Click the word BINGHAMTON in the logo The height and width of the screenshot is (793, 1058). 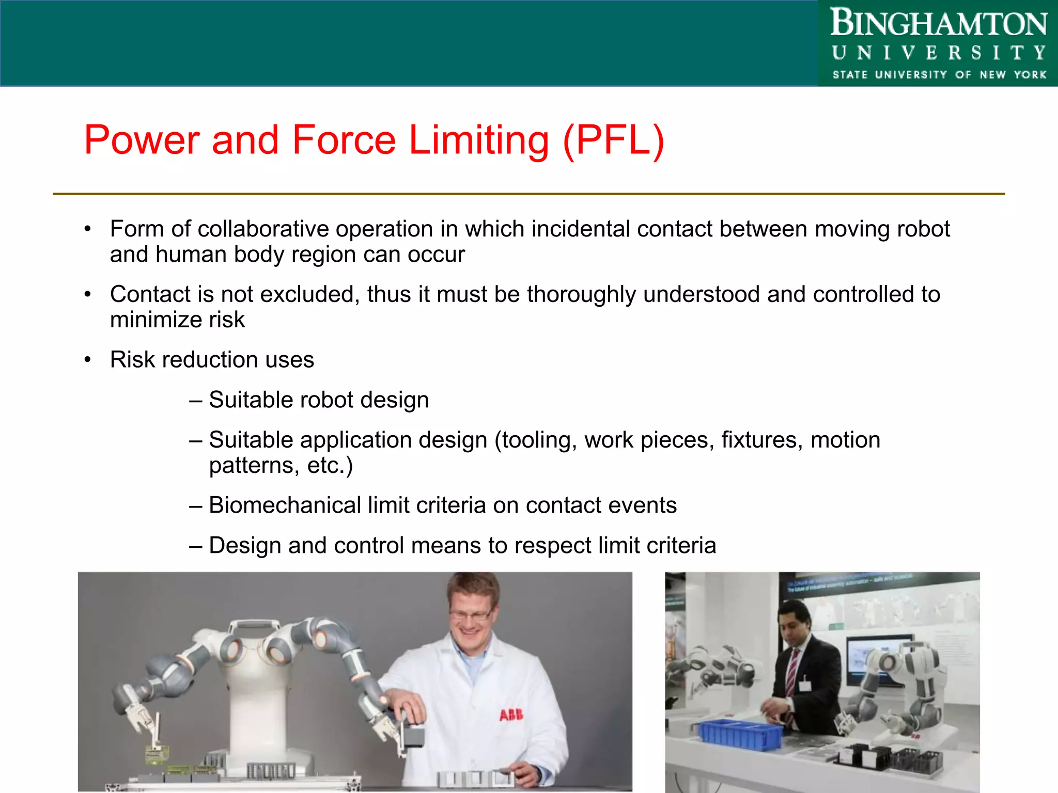click(x=938, y=24)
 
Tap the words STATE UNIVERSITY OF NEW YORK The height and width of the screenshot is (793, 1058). click(x=939, y=75)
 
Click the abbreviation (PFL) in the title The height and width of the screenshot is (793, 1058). click(x=613, y=140)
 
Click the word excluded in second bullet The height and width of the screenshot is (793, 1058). click(x=307, y=294)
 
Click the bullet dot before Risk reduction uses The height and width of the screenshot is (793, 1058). click(x=88, y=359)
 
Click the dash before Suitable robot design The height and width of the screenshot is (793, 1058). click(x=195, y=400)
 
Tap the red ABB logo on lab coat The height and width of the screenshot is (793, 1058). click(x=511, y=715)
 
